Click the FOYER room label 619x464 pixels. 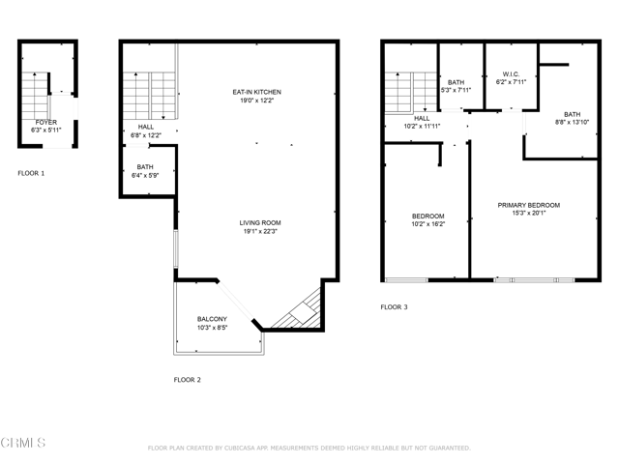click(x=46, y=123)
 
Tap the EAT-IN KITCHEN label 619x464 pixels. click(x=257, y=92)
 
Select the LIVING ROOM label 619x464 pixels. click(x=260, y=223)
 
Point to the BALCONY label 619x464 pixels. click(x=213, y=319)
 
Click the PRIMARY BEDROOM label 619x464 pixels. click(x=529, y=205)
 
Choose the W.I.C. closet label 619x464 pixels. click(x=512, y=74)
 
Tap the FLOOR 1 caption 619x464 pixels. click(x=31, y=173)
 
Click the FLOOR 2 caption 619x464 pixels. click(x=187, y=380)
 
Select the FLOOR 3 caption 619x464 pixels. click(x=394, y=307)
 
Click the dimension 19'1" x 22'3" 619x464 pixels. click(x=260, y=231)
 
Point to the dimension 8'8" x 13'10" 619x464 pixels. click(x=572, y=123)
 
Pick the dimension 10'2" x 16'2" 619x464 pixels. click(x=428, y=224)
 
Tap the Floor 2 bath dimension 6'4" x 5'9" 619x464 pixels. click(x=145, y=176)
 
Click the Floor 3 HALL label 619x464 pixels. click(x=422, y=118)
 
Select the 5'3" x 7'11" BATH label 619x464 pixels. click(x=456, y=82)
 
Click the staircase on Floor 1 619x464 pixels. click(x=35, y=96)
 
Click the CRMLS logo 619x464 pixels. click(x=23, y=443)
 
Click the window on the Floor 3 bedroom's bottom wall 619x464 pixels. click(x=406, y=280)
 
